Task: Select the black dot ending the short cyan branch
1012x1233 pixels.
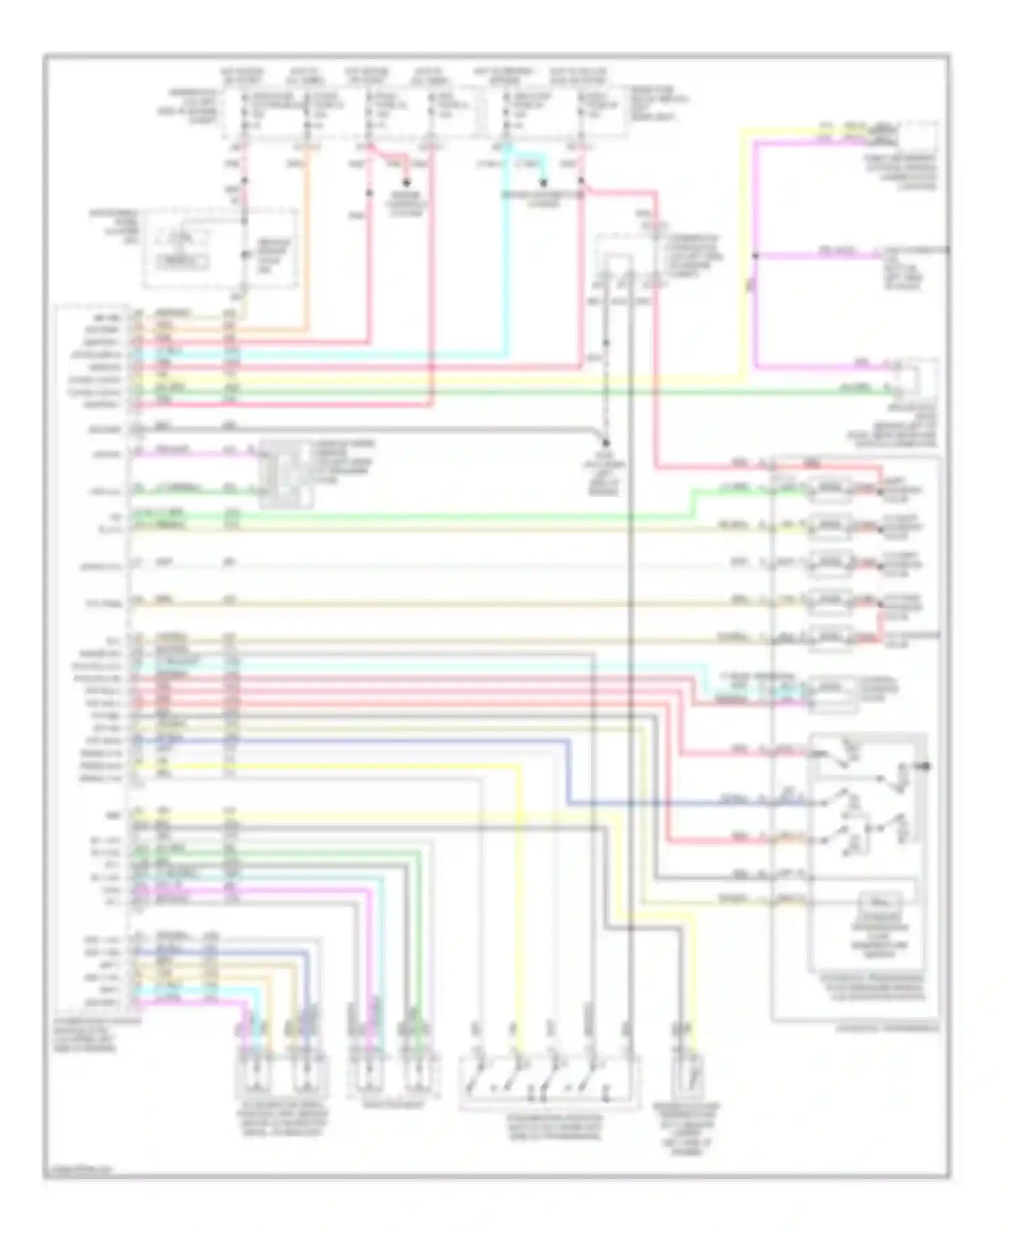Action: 543,182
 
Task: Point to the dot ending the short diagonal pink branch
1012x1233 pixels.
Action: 406,182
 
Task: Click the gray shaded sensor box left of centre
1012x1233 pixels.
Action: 287,474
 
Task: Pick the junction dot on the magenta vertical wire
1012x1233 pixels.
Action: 756,256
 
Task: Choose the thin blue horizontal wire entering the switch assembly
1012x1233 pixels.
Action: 675,803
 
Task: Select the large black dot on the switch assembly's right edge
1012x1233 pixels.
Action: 926,766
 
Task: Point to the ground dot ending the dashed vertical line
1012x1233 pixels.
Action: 606,443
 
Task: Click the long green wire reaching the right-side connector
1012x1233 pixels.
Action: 513,391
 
